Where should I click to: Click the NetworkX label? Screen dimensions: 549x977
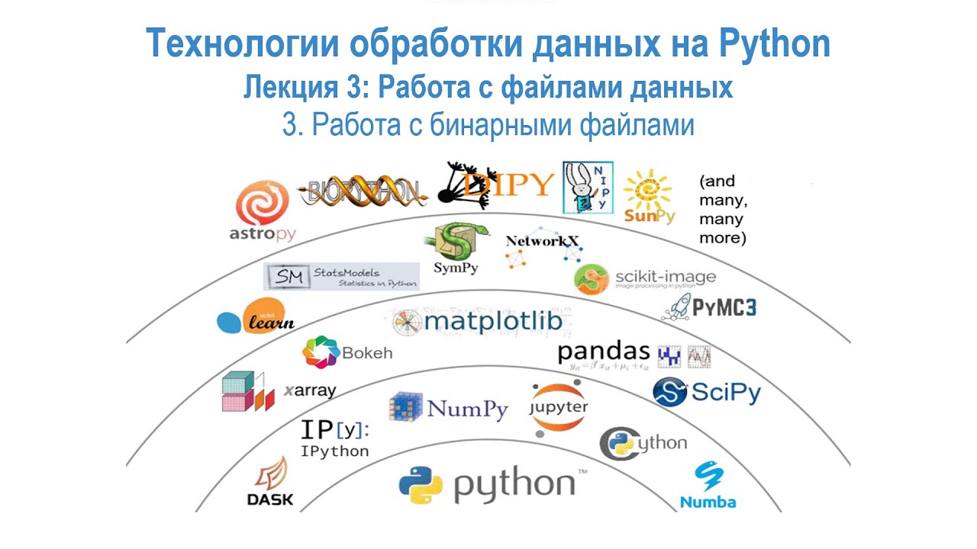click(x=542, y=241)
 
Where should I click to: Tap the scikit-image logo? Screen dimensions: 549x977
click(x=645, y=278)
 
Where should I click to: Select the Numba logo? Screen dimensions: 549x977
click(x=708, y=486)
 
